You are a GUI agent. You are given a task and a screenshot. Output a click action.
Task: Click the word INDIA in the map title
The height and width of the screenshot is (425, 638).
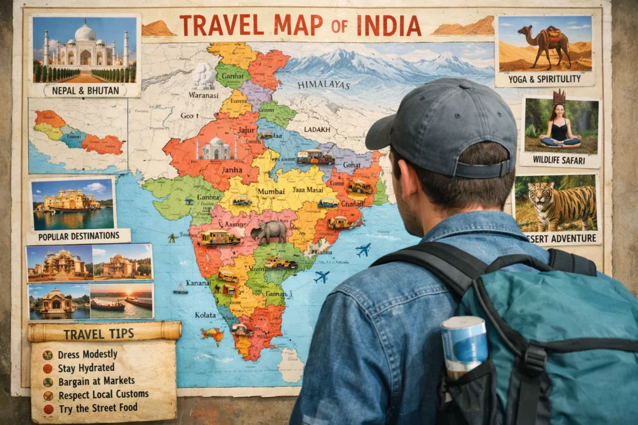tap(389, 26)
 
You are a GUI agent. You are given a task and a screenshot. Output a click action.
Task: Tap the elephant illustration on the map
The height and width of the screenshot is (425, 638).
tap(269, 231)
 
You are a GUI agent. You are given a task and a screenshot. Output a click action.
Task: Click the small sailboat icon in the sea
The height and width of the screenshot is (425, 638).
tap(180, 289)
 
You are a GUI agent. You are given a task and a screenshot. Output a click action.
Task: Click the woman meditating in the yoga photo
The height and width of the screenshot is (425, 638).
tap(560, 127)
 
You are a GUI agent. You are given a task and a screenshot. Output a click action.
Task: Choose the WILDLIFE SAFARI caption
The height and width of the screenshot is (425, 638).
tap(560, 160)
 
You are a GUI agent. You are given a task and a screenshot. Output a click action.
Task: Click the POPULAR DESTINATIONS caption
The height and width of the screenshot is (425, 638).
tap(79, 236)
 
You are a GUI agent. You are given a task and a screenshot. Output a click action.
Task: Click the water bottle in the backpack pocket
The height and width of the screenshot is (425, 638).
tap(464, 345)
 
